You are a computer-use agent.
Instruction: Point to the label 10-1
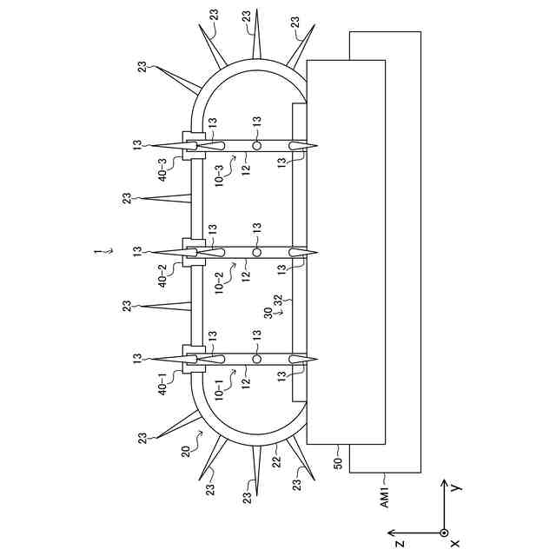[x=219, y=383]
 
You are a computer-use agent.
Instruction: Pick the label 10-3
[x=219, y=169]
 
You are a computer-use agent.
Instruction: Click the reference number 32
[x=279, y=301]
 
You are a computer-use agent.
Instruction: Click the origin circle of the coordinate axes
[x=444, y=533]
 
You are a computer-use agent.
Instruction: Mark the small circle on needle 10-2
[x=256, y=251]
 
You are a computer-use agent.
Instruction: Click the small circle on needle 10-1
[x=256, y=358]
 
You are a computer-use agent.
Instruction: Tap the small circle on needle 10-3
[x=256, y=143]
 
